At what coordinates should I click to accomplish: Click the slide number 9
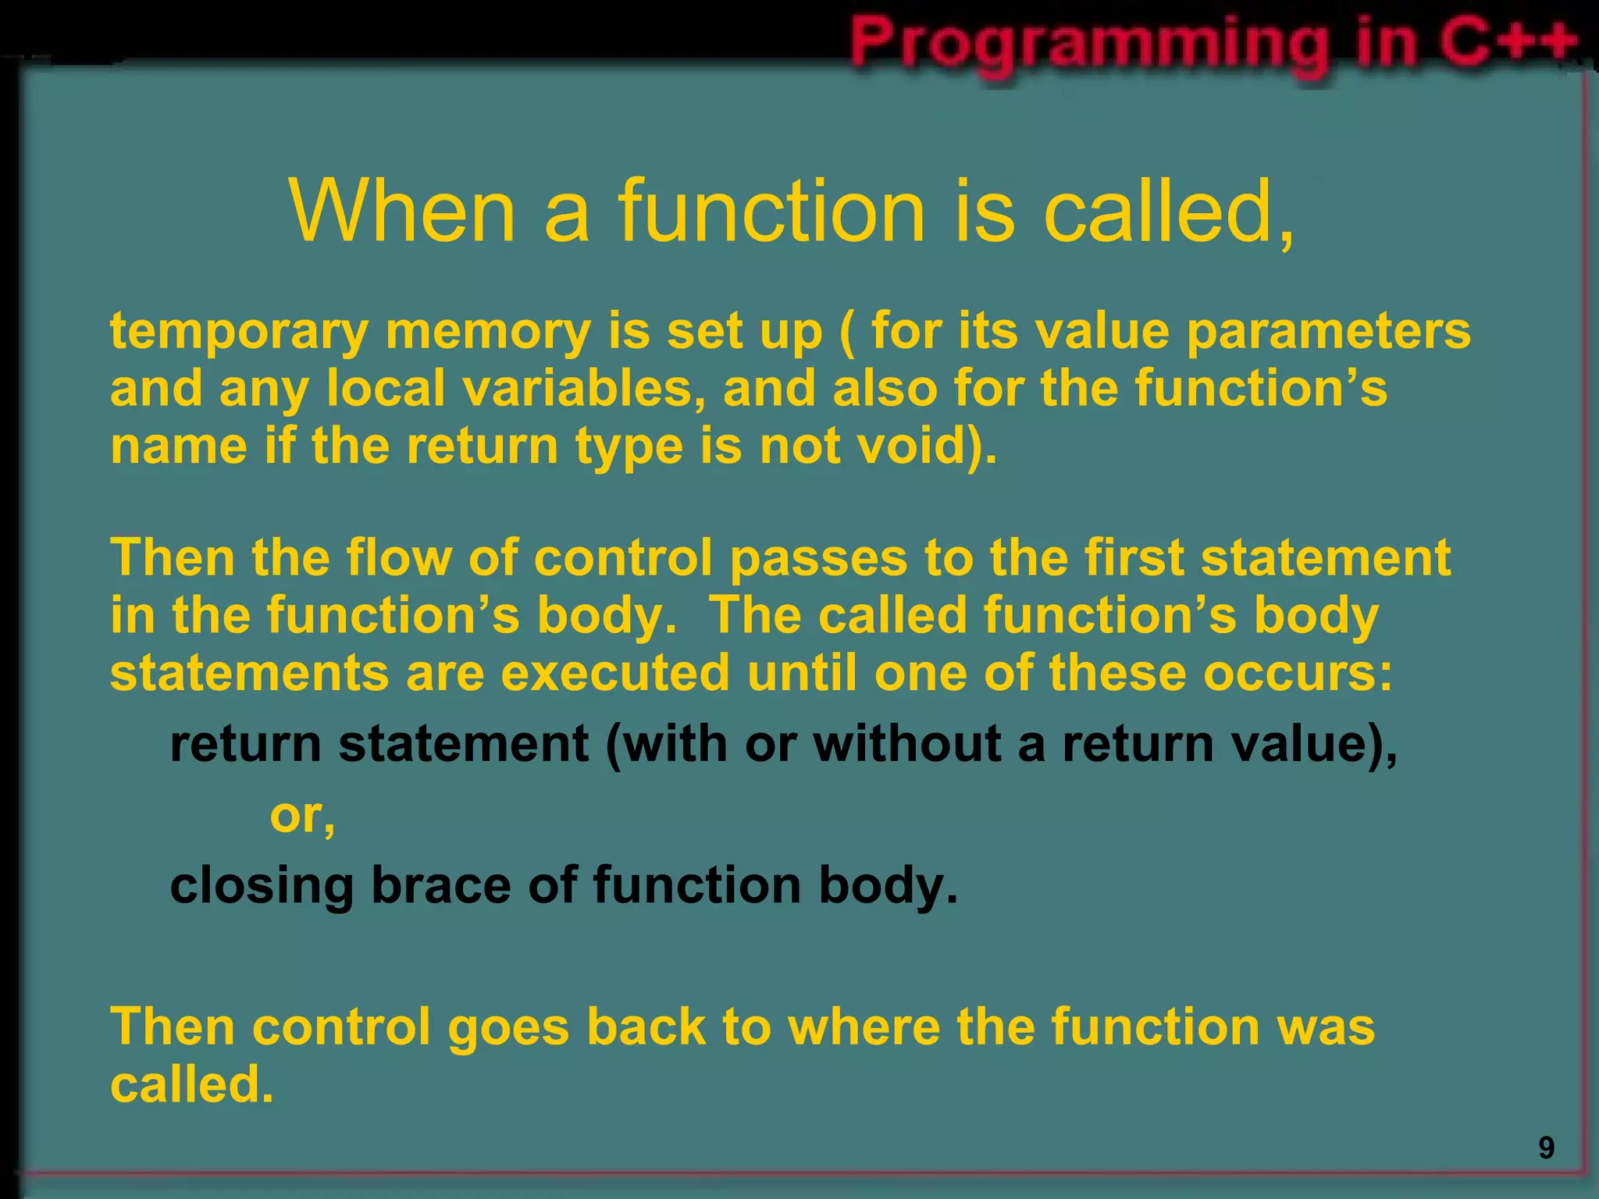1546,1148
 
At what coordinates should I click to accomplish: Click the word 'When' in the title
402,211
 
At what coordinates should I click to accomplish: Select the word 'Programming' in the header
1089,43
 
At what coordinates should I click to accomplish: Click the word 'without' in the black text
906,743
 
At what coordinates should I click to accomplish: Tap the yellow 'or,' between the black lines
302,816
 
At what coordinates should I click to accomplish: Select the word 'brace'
440,885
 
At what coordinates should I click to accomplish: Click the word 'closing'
262,887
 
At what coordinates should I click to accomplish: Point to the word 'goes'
508,1027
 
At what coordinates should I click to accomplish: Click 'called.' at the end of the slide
192,1085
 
